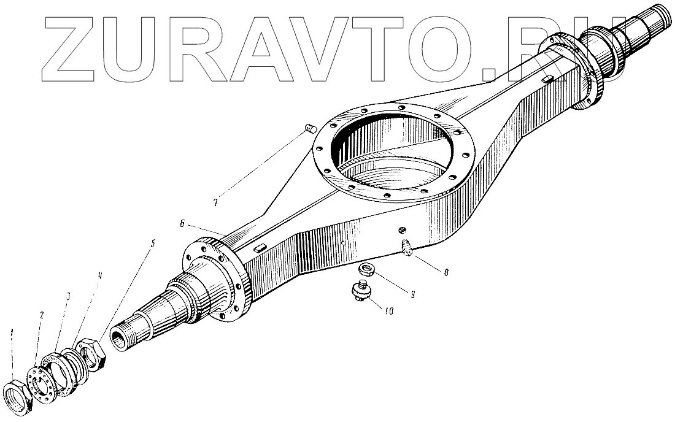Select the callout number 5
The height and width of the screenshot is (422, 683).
[x=153, y=243]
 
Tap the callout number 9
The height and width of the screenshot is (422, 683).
[x=413, y=294]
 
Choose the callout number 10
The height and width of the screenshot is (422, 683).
[x=388, y=310]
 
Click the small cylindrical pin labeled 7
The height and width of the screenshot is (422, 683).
[x=310, y=129]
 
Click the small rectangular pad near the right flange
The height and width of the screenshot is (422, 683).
[x=547, y=79]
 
